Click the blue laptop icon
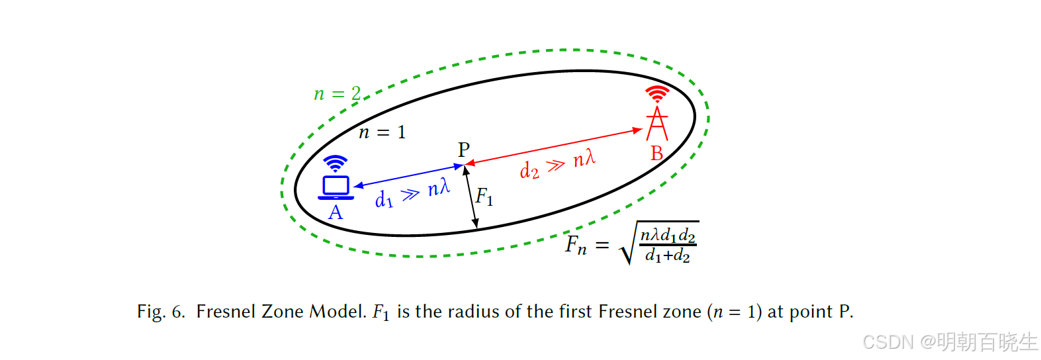click(336, 187)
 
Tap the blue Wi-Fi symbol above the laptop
click(336, 163)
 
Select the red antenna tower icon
click(656, 124)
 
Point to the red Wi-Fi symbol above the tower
click(657, 93)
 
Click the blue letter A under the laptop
click(336, 212)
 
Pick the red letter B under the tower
click(656, 154)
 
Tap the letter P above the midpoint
click(464, 150)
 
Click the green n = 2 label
click(337, 94)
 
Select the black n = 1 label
click(382, 132)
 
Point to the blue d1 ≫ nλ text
click(412, 193)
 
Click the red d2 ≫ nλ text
click(557, 164)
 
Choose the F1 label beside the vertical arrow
click(484, 197)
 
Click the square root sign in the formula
click(627, 245)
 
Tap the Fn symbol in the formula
click(576, 246)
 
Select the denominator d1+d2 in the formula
click(667, 255)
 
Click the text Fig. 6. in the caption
click(161, 312)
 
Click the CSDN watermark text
click(888, 342)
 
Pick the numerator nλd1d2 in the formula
click(667, 235)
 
